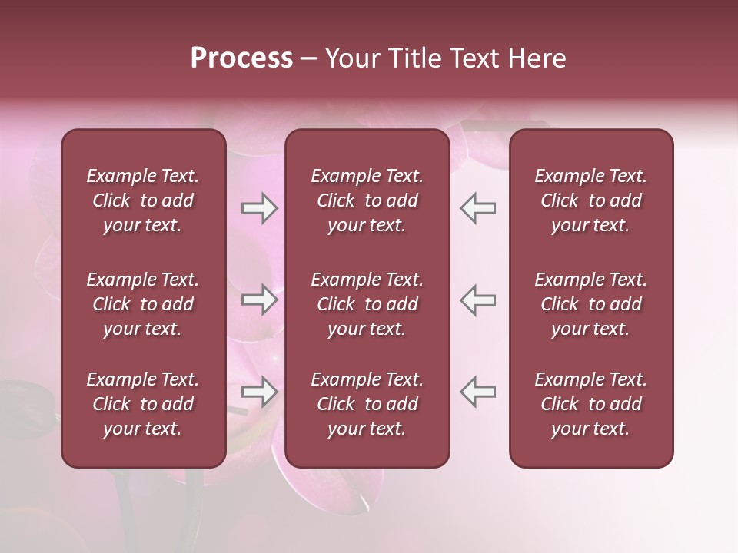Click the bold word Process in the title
point(241,58)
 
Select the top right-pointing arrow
point(260,208)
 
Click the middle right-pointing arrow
point(260,300)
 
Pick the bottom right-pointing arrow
point(260,392)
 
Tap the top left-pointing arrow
point(477,208)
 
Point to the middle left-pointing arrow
point(477,300)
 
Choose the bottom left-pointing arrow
point(477,392)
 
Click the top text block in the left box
point(143,200)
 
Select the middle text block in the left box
point(143,304)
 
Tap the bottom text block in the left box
point(143,404)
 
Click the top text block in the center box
point(367,200)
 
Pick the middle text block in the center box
point(367,304)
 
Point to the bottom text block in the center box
point(367,404)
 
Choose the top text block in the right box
point(591,200)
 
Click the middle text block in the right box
point(591,304)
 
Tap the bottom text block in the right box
point(591,404)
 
